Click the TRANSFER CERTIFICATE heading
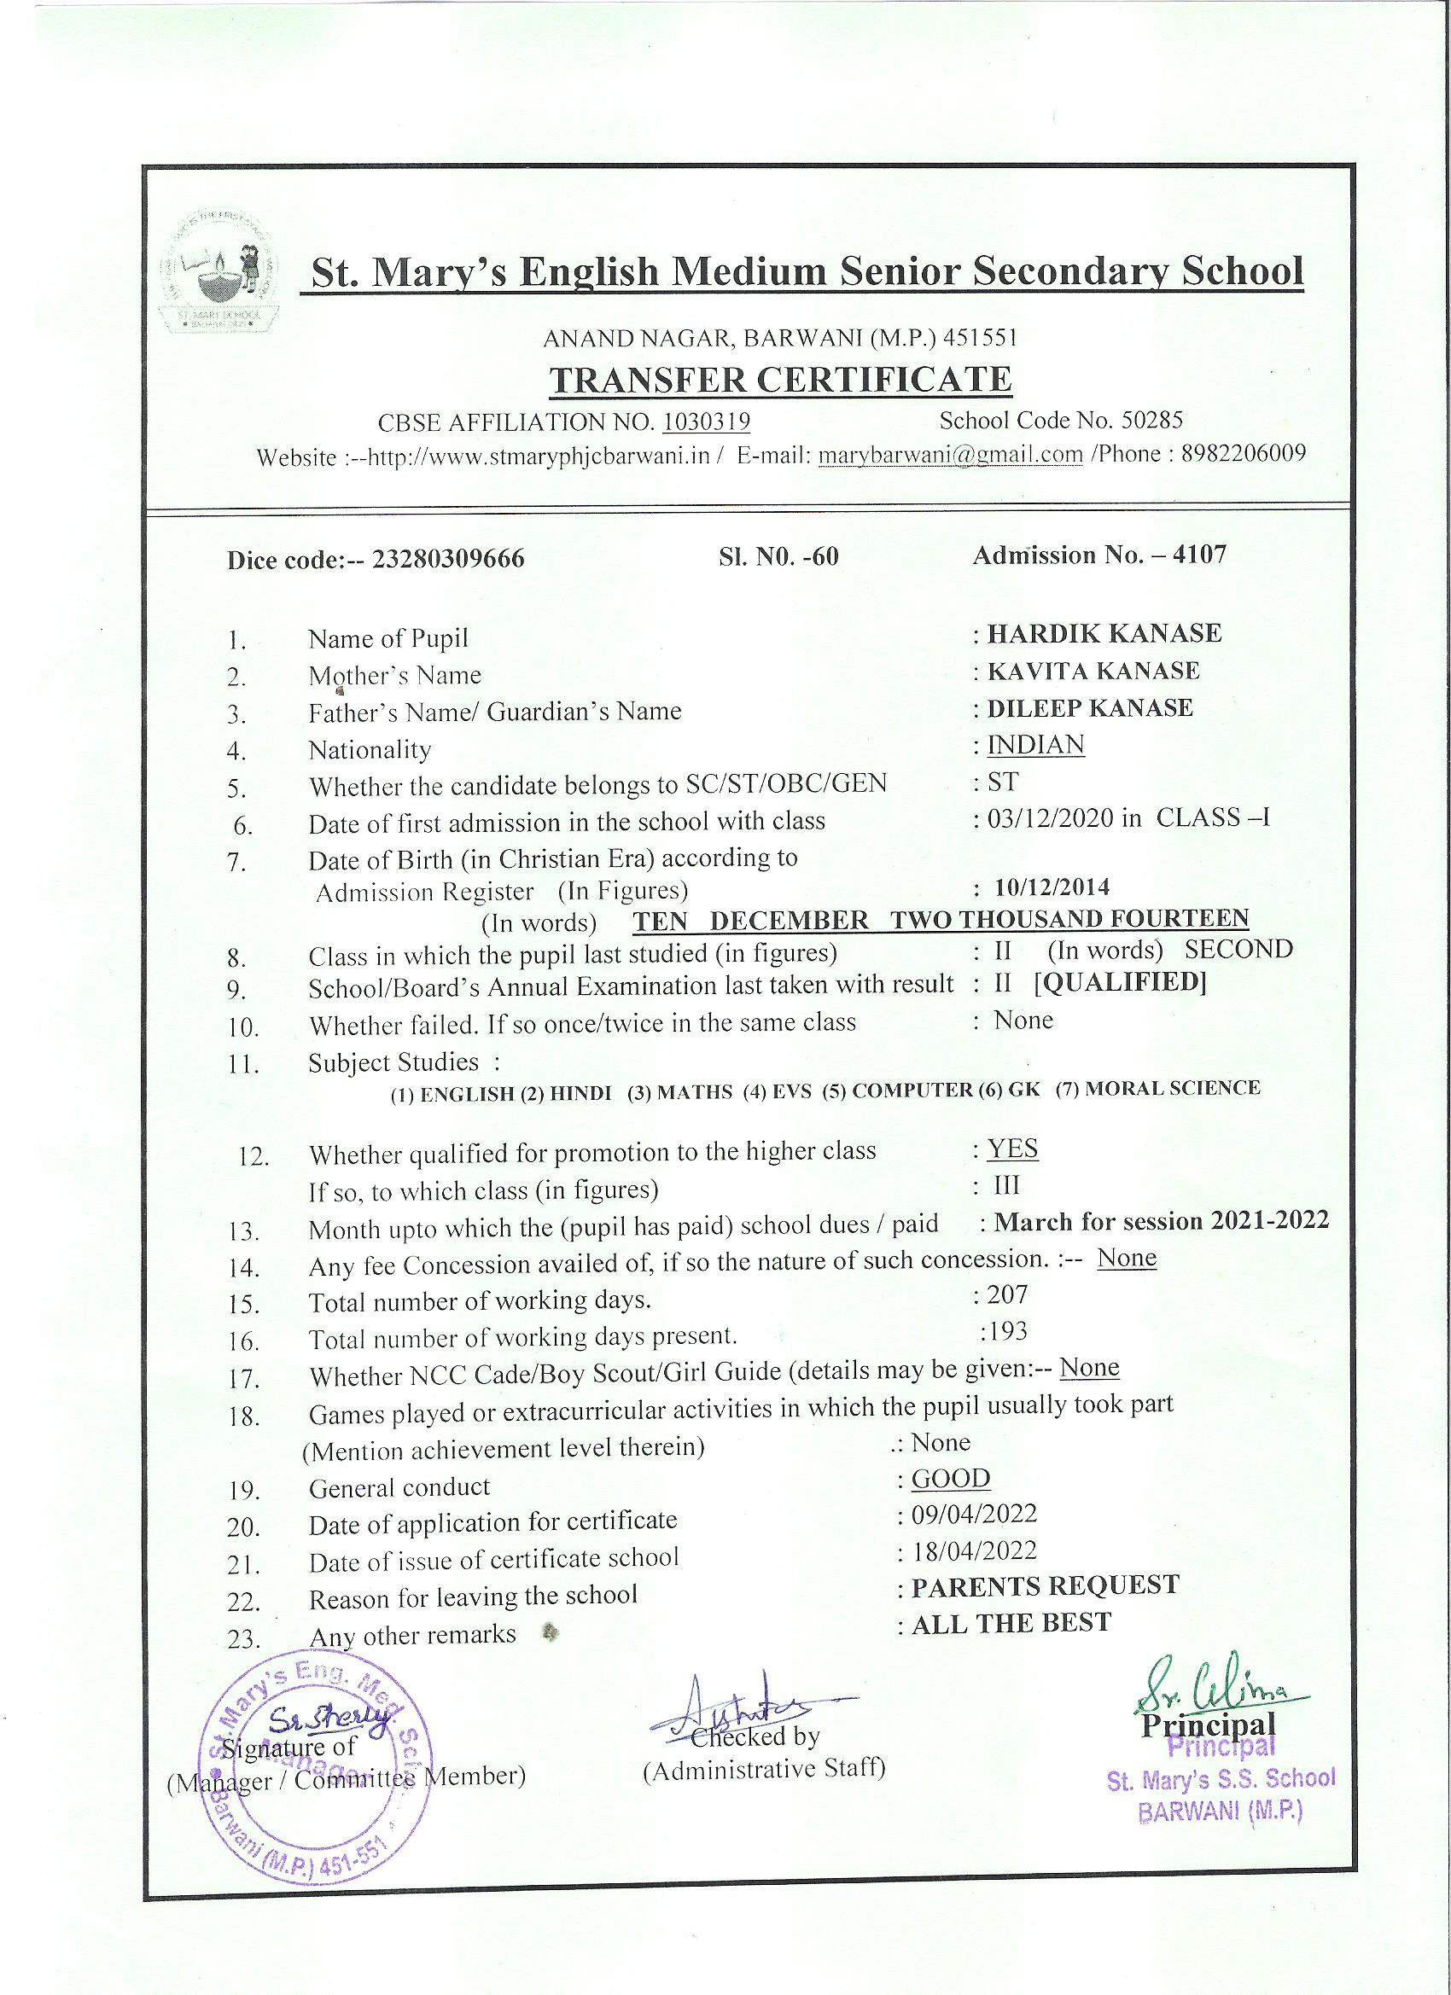tap(779, 380)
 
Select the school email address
tap(949, 455)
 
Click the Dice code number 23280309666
tap(449, 560)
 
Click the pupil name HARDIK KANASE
tap(1104, 633)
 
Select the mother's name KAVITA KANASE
tap(1093, 672)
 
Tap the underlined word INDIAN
tap(1035, 745)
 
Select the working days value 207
tap(1006, 1294)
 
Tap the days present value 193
tap(1006, 1332)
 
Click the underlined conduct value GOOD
tap(950, 1479)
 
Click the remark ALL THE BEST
tap(1011, 1624)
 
